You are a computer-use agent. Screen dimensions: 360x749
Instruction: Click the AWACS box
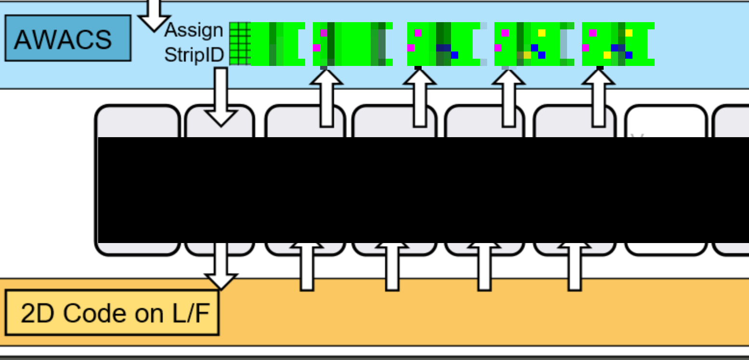[x=67, y=39]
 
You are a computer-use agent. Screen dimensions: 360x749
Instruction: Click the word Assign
[x=194, y=30]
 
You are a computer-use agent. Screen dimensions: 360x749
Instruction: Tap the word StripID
[x=194, y=55]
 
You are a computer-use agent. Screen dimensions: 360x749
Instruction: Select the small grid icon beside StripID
[x=240, y=44]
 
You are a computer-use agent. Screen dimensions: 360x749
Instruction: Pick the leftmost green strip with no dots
[x=277, y=44]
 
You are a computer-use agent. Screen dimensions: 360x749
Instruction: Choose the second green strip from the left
[x=352, y=44]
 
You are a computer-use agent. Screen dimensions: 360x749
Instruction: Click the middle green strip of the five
[x=443, y=44]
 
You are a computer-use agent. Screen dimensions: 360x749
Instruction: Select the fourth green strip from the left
[x=533, y=44]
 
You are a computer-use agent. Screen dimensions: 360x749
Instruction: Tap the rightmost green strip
[x=618, y=44]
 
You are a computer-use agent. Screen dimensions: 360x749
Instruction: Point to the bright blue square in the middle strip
[x=454, y=55]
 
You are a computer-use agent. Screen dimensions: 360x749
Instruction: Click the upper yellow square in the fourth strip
[x=542, y=33]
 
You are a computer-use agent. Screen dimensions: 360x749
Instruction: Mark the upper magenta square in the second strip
[x=324, y=33]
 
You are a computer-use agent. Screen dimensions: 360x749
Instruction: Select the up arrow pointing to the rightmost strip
[x=598, y=99]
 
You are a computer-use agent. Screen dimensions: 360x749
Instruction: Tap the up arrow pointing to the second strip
[x=326, y=99]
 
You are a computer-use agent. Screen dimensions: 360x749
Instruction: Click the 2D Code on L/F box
[x=112, y=313]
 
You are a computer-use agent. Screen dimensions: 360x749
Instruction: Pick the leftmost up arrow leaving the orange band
[x=307, y=270]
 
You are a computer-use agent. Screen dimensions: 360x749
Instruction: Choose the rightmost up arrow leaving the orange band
[x=575, y=270]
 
